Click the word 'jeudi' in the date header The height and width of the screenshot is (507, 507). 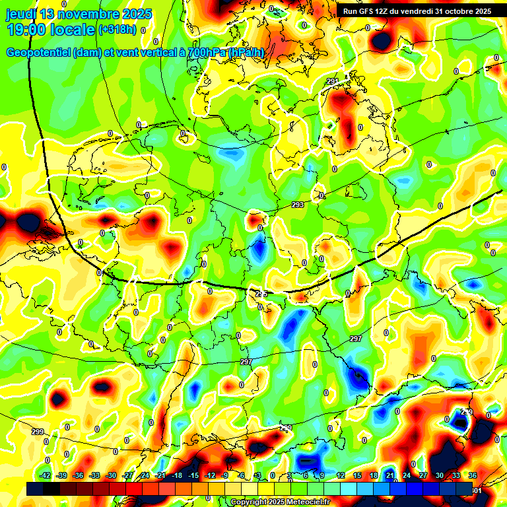[x=22, y=14]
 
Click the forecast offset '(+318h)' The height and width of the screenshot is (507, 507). [x=117, y=30]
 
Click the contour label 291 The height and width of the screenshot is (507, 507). [x=333, y=81]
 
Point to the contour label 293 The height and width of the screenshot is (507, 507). [x=298, y=205]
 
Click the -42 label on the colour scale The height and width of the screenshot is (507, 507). [x=46, y=475]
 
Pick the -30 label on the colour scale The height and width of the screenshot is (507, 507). [x=111, y=475]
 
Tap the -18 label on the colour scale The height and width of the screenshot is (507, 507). [x=177, y=475]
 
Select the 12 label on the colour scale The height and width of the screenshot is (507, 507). [x=340, y=475]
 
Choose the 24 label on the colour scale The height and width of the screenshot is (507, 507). [x=406, y=475]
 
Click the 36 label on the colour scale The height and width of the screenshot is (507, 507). [x=472, y=475]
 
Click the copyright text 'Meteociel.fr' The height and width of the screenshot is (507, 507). [x=308, y=502]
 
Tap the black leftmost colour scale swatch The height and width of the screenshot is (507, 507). [x=35, y=489]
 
